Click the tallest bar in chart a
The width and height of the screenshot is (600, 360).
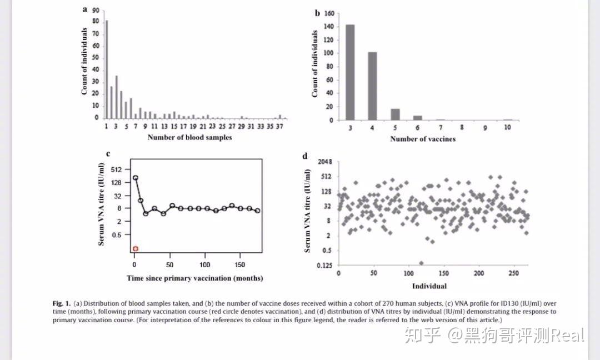107,69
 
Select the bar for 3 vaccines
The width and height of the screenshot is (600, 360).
350,72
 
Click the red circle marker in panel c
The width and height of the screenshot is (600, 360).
136,248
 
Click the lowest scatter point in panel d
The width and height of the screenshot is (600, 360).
421,263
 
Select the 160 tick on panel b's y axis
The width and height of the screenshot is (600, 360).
329,13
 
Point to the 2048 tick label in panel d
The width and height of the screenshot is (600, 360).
324,162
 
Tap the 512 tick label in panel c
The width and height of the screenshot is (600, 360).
123,169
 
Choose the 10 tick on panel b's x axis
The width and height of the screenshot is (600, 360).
508,128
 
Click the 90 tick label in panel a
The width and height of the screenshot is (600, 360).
96,10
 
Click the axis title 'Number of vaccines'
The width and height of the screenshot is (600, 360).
422,138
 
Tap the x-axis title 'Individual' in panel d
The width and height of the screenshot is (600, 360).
429,286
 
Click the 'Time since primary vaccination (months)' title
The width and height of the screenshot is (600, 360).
194,278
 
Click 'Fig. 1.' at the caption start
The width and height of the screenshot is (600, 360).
61,303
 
